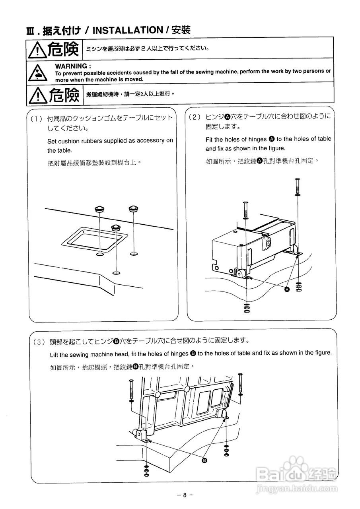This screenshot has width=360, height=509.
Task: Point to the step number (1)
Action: [x=36, y=119]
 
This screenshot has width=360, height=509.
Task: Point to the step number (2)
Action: [x=195, y=117]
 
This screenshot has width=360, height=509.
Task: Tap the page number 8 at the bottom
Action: [x=185, y=495]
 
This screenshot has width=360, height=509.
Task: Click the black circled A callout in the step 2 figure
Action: [x=287, y=290]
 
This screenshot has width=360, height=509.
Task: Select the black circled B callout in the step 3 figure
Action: [x=204, y=460]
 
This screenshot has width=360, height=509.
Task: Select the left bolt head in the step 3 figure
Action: [x=131, y=381]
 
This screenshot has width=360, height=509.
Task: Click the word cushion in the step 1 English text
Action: [x=71, y=141]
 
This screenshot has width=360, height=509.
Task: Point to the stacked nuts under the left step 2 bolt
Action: [x=247, y=308]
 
